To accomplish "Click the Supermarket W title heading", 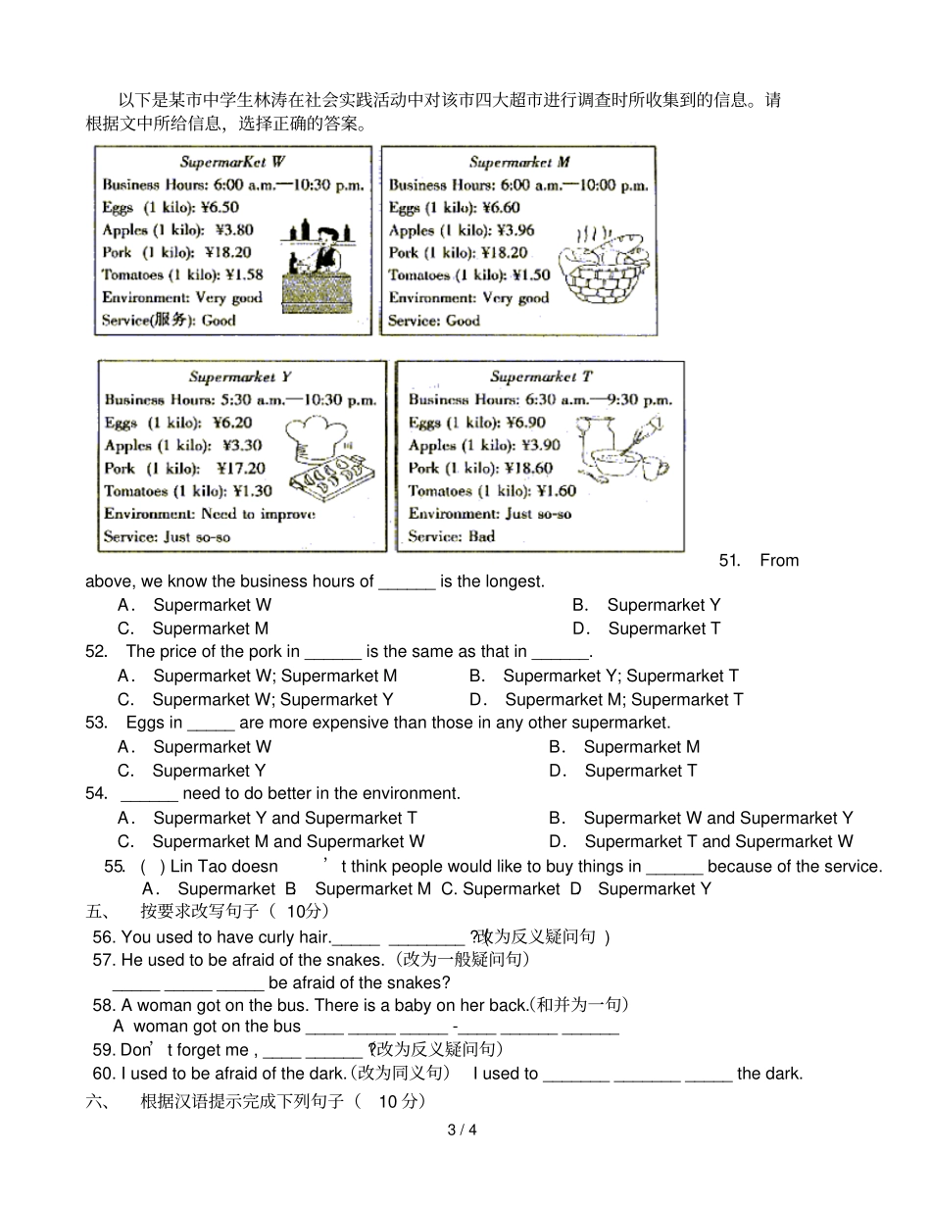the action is [x=232, y=162].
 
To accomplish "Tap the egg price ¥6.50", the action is [x=220, y=207].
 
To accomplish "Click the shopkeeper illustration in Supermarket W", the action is [x=318, y=266].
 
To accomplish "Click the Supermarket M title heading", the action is [x=519, y=162].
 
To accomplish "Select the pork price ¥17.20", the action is [x=241, y=468].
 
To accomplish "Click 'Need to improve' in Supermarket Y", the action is [x=259, y=514].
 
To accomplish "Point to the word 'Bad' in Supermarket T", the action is [x=482, y=536].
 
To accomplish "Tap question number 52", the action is [x=96, y=652].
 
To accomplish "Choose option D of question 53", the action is [x=622, y=771].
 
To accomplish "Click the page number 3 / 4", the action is [x=462, y=1130].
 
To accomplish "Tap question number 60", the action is [x=104, y=1074].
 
